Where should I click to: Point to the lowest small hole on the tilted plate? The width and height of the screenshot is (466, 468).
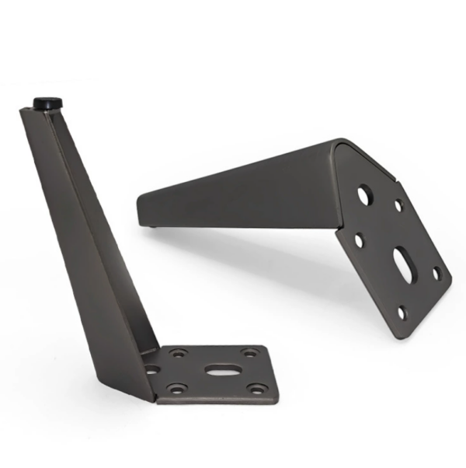point(402,313)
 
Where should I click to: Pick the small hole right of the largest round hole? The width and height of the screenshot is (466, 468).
point(398,206)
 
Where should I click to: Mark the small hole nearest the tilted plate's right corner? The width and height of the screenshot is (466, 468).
point(437,273)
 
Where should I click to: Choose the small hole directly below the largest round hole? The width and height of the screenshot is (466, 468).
point(359,240)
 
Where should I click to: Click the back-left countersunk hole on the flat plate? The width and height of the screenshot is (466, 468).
point(179,353)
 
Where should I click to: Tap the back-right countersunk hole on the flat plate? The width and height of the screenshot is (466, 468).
point(249,353)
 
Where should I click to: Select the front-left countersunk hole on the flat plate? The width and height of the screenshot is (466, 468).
point(179,387)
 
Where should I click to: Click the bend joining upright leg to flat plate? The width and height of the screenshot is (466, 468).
point(151,389)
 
